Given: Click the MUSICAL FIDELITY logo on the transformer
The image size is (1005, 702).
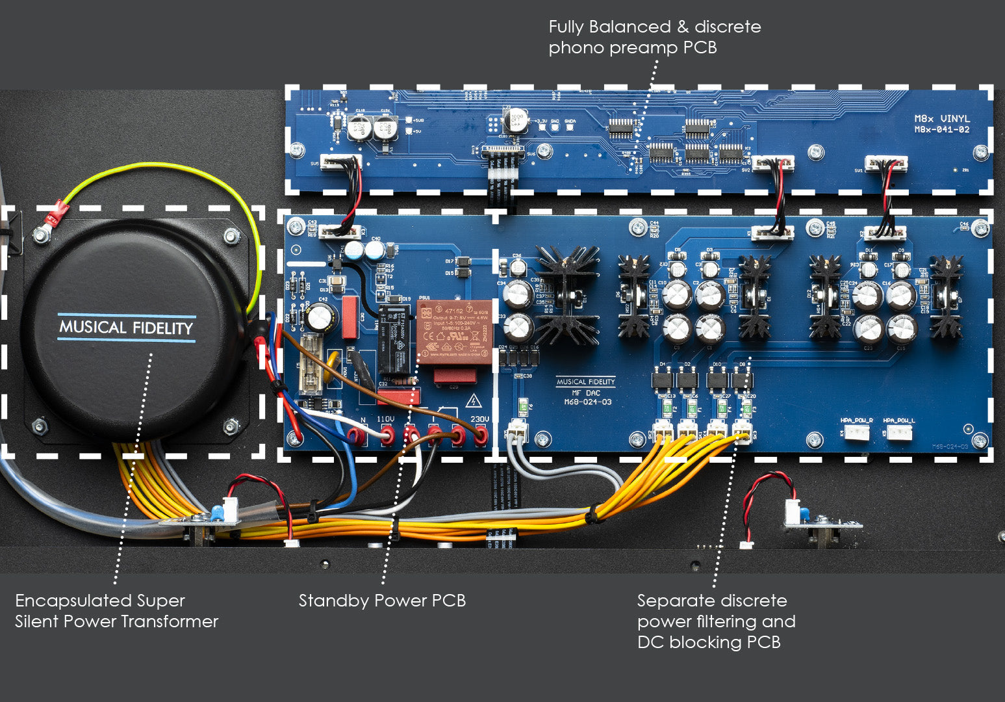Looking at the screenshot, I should point(126,327).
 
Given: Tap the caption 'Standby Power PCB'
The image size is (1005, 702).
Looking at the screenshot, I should point(382,601).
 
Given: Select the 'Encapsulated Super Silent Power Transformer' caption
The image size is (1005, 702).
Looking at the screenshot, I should point(116,611).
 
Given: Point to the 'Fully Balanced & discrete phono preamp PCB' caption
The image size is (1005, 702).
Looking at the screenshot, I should point(654,37).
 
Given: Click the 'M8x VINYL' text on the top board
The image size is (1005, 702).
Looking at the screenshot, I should point(942,119).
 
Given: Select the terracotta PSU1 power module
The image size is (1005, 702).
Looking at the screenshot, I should point(452,331).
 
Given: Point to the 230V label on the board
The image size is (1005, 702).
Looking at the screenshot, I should point(479,420).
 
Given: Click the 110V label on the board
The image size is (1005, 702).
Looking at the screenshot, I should point(386,420).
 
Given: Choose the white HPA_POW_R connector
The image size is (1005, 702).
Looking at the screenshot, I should point(857,432).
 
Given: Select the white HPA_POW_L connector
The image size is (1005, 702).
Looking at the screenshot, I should point(899,432).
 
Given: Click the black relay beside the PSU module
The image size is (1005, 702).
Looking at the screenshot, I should point(394,339).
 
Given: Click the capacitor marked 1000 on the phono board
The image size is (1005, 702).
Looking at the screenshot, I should point(517,122).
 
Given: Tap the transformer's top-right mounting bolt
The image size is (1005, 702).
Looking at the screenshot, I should point(231,235).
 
